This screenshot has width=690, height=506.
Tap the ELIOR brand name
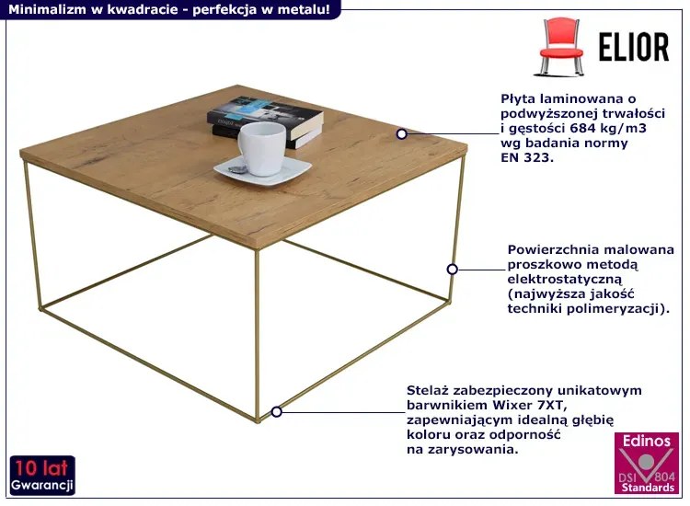pyautogui.click(x=634, y=47)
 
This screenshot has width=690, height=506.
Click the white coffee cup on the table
pyautogui.click(x=262, y=148)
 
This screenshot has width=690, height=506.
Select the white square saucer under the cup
pyautogui.click(x=263, y=170)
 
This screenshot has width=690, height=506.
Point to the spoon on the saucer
pyautogui.click(x=237, y=170)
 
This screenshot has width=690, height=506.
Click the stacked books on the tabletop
pyautogui.click(x=265, y=121)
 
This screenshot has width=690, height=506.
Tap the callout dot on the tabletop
pyautogui.click(x=401, y=133)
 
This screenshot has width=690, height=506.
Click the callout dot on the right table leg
pyautogui.click(x=452, y=270)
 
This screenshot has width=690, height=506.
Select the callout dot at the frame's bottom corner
pyautogui.click(x=276, y=412)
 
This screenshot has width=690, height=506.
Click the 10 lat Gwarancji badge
pyautogui.click(x=42, y=476)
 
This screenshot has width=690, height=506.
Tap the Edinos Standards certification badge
pyautogui.click(x=647, y=464)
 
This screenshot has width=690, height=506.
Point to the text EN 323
pyautogui.click(x=527, y=157)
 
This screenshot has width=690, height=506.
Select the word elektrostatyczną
pyautogui.click(x=565, y=279)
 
